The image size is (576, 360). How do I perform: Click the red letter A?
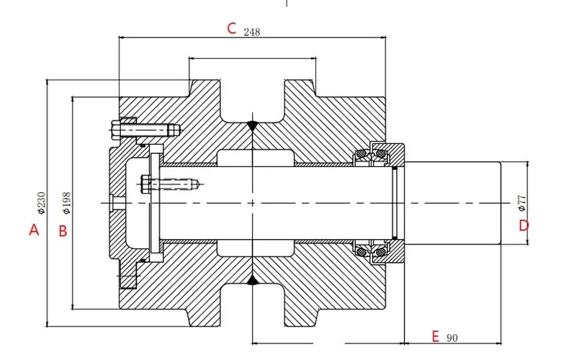click(x=32, y=230)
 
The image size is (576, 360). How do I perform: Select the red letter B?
click(x=63, y=230)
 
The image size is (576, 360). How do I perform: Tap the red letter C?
click(x=232, y=29)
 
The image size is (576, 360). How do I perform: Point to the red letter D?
click(x=524, y=225)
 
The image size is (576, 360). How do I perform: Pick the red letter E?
click(x=435, y=336)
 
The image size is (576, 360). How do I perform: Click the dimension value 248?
click(x=252, y=32)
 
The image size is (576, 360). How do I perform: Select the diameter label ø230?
click(x=41, y=203)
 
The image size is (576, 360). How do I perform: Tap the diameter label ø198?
click(x=67, y=203)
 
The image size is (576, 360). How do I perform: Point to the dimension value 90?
click(x=452, y=338)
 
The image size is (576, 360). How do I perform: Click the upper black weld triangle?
click(x=252, y=125)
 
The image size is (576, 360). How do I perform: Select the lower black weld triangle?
click(x=252, y=279)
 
